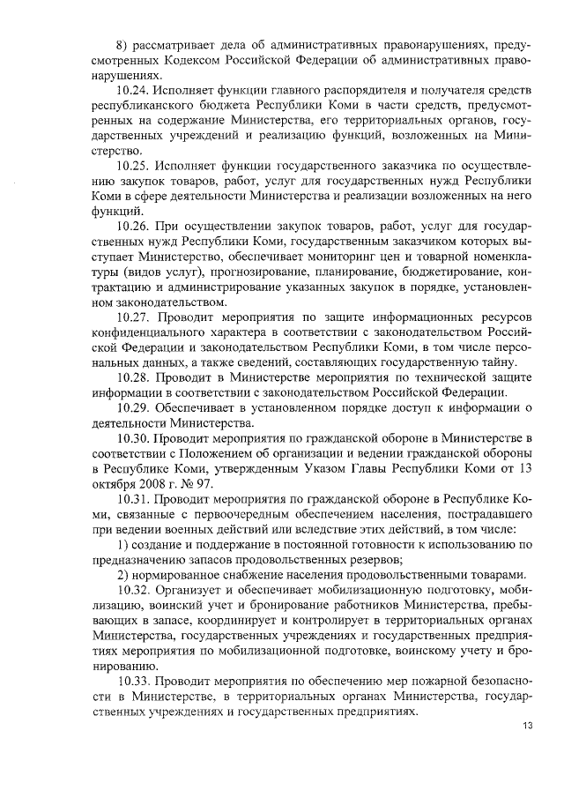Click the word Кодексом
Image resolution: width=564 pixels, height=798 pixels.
point(193,61)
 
